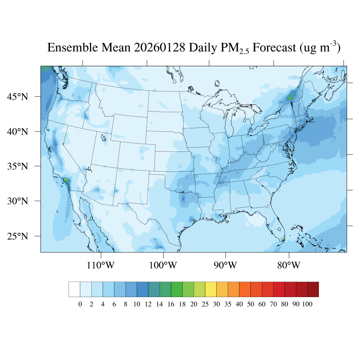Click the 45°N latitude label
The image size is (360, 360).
18,97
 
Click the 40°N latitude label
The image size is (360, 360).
18,131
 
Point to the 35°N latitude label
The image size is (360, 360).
18,166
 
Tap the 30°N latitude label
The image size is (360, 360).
18,201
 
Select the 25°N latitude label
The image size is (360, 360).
18,236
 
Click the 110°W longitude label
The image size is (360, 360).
101,265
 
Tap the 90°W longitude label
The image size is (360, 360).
225,265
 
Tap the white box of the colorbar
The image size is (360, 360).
74,289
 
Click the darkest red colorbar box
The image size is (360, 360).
313,289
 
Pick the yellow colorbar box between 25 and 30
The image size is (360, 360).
211,289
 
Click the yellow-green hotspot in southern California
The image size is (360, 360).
66,180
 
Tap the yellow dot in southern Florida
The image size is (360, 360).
283,239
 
